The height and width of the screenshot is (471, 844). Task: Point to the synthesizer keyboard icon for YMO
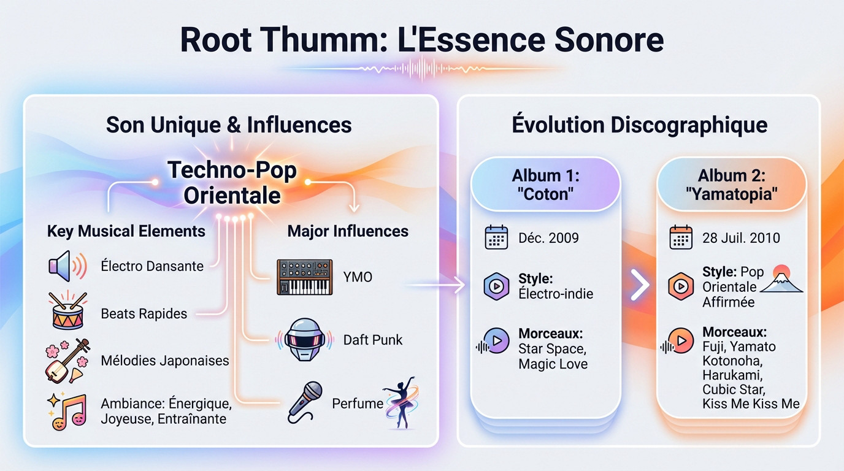pyautogui.click(x=304, y=277)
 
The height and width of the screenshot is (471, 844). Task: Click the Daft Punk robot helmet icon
pyautogui.click(x=305, y=339)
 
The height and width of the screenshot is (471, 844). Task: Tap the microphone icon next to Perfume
pyautogui.click(x=305, y=402)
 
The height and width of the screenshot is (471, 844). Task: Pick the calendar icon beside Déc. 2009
pyautogui.click(x=496, y=237)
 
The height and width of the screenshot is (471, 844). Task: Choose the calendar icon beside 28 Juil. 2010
pyautogui.click(x=680, y=237)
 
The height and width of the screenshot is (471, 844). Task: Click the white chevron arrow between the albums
pyautogui.click(x=639, y=285)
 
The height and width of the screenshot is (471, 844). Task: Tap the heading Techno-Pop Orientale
pyautogui.click(x=232, y=182)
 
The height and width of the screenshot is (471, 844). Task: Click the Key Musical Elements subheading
pyautogui.click(x=126, y=231)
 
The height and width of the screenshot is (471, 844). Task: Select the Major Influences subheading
pyautogui.click(x=348, y=231)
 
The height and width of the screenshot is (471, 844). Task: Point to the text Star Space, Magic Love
pyautogui.click(x=553, y=356)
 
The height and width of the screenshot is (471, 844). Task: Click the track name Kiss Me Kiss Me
pyautogui.click(x=751, y=404)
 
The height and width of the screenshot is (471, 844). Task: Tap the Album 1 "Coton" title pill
pyautogui.click(x=545, y=183)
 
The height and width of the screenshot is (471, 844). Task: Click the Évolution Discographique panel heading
pyautogui.click(x=639, y=124)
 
